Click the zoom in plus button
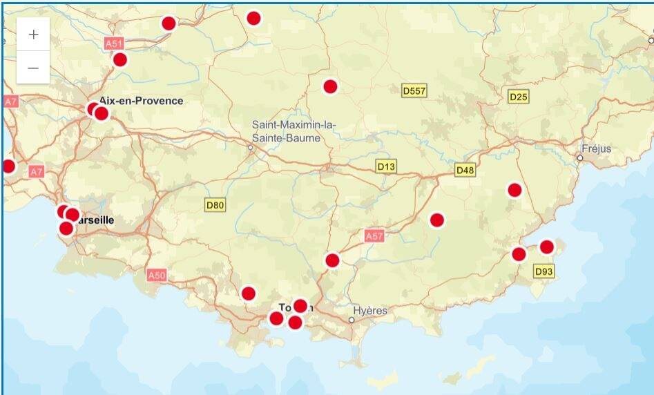[x=33, y=35]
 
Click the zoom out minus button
[x=33, y=68]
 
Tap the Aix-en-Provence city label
[x=142, y=101]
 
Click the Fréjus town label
[x=597, y=149]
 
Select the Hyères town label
[x=372, y=311]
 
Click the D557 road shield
[x=414, y=90]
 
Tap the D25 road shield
[x=518, y=97]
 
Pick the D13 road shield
[x=387, y=166]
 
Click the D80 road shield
[x=215, y=204]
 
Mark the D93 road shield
[x=544, y=272]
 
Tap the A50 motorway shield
[x=157, y=276]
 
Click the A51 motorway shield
[x=114, y=44]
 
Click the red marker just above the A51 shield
[x=169, y=23]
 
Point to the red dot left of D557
[x=330, y=86]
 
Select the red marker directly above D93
[x=546, y=247]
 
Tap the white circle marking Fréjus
[x=580, y=157]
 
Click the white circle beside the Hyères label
[x=352, y=320]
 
